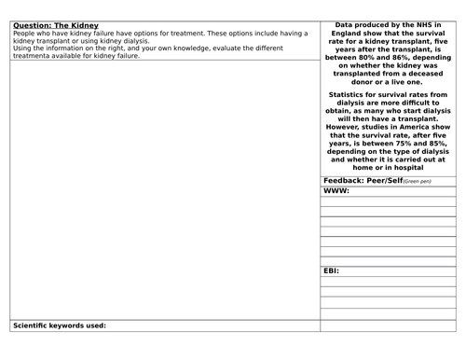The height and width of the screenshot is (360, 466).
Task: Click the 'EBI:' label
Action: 331,270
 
